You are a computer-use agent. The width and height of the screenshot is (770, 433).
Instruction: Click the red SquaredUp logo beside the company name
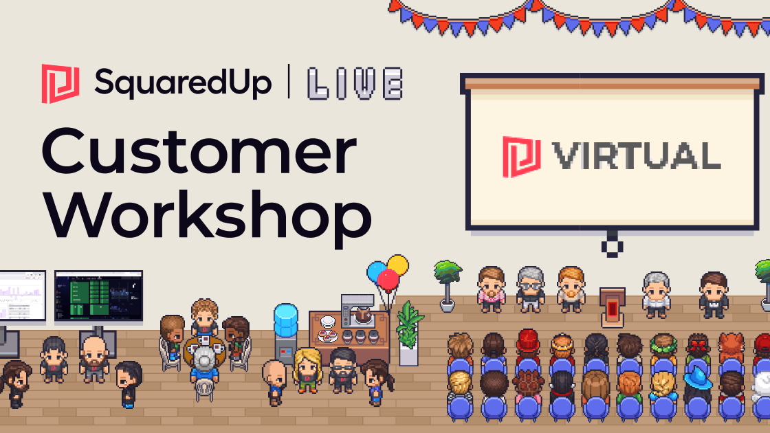click(60, 83)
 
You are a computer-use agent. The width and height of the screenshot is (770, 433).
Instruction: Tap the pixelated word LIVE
click(355, 84)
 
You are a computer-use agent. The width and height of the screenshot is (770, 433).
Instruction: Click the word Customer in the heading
click(199, 151)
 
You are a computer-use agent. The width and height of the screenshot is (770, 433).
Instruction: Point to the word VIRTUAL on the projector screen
click(637, 155)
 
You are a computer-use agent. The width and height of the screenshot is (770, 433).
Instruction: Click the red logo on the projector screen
click(522, 157)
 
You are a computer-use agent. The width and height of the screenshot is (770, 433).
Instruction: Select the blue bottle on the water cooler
click(286, 321)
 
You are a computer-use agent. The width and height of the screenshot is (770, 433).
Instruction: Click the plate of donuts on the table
click(327, 336)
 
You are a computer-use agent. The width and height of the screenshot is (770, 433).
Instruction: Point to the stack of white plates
click(327, 322)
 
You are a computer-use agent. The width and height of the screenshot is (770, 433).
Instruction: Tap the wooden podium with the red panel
click(613, 307)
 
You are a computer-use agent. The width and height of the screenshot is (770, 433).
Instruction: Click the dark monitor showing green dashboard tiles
click(99, 295)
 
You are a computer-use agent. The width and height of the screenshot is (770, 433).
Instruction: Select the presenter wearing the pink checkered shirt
click(492, 289)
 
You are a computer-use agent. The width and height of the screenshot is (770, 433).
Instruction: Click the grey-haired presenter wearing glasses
click(530, 289)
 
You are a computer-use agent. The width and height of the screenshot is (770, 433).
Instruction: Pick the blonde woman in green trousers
click(307, 370)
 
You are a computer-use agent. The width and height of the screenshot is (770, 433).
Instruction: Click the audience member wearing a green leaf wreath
click(663, 346)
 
